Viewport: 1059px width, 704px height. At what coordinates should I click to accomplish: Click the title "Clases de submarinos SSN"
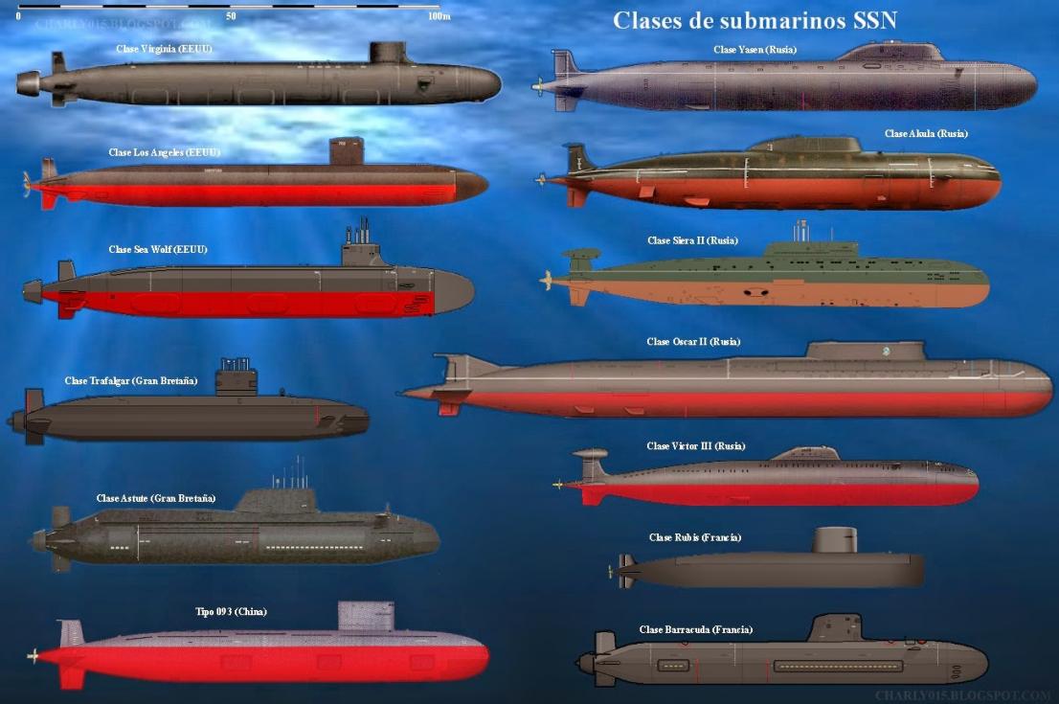755,20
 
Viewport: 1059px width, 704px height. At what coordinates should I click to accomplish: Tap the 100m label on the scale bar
439,16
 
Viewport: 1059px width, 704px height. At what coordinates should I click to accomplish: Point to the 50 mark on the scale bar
232,16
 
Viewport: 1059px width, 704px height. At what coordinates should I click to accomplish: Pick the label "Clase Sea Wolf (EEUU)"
158,249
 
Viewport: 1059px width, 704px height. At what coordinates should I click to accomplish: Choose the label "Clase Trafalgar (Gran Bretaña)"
131,380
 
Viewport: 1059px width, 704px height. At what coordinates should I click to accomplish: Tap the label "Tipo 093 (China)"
231,611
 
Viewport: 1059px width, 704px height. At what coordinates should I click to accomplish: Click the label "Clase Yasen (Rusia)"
755,49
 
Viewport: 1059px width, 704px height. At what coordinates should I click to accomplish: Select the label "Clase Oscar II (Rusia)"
693,342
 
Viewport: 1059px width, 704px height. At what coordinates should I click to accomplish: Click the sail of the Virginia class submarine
390,54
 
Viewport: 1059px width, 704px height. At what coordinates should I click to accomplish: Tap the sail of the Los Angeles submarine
347,151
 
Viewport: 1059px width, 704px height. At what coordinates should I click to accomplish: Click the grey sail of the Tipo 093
366,617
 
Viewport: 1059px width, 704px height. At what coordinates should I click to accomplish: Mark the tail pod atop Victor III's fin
590,453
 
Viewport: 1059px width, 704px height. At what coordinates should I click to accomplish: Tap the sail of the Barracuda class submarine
834,628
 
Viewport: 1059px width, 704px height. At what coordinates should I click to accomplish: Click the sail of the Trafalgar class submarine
237,381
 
